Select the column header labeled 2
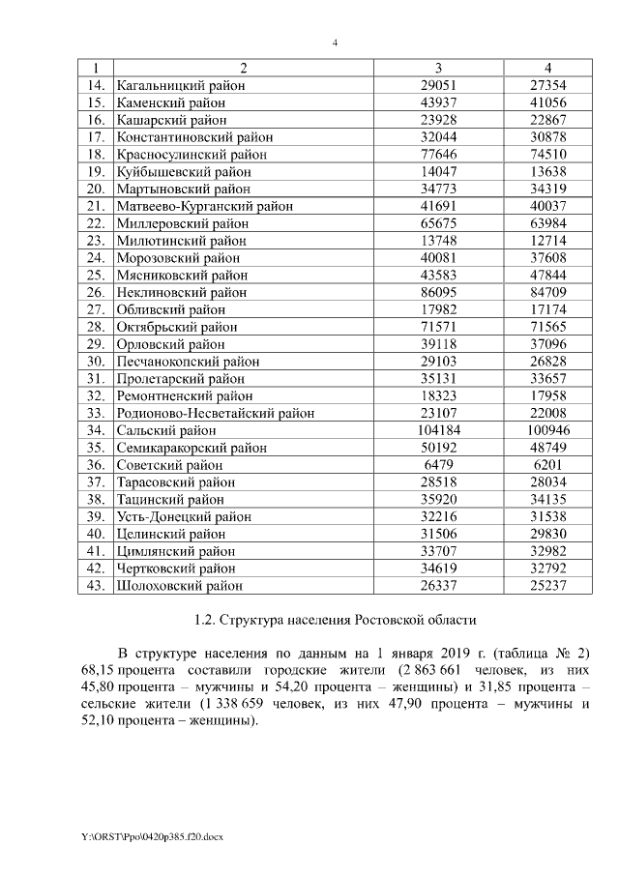[243, 68]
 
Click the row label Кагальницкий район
[179, 85]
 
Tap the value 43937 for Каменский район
[439, 102]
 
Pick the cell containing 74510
[547, 154]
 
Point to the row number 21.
[95, 206]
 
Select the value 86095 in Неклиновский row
[439, 292]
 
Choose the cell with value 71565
[547, 327]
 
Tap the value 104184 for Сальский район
[439, 430]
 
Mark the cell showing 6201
[547, 465]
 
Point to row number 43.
[95, 586]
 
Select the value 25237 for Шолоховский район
[547, 586]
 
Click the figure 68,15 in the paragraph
[101, 669]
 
